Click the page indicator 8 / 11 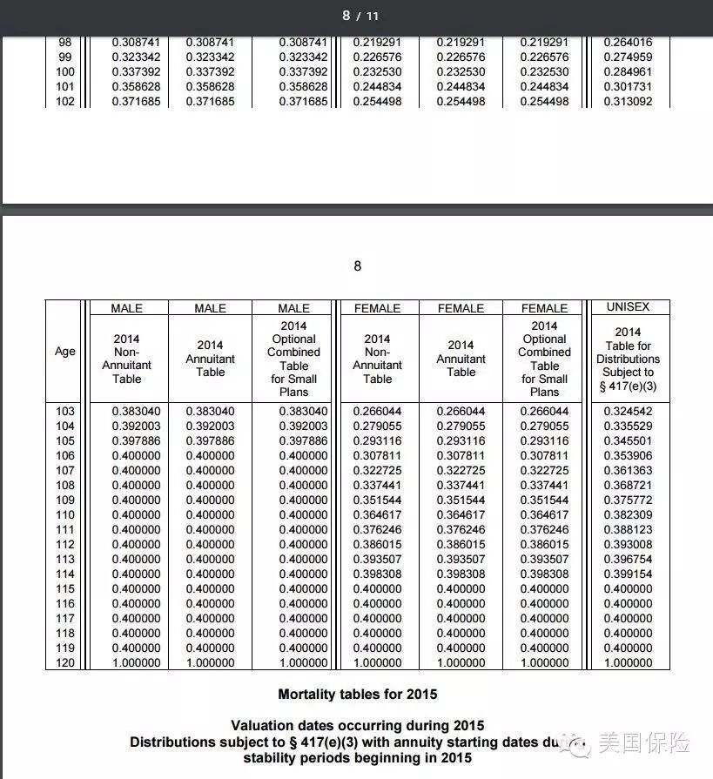(x=360, y=16)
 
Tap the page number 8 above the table (x=357, y=265)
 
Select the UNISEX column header (x=628, y=307)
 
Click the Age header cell (x=65, y=352)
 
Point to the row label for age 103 (x=65, y=411)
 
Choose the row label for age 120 (x=65, y=662)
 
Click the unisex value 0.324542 (x=627, y=411)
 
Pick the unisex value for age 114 (x=627, y=574)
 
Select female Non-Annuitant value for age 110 (x=377, y=514)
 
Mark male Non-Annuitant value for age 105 (x=136, y=440)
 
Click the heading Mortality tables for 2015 (x=357, y=695)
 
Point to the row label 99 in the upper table (x=65, y=57)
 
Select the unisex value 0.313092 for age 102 (x=627, y=101)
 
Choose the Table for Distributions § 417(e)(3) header (x=628, y=358)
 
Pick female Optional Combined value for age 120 (x=544, y=662)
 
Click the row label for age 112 (x=65, y=544)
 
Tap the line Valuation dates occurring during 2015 (x=357, y=725)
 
